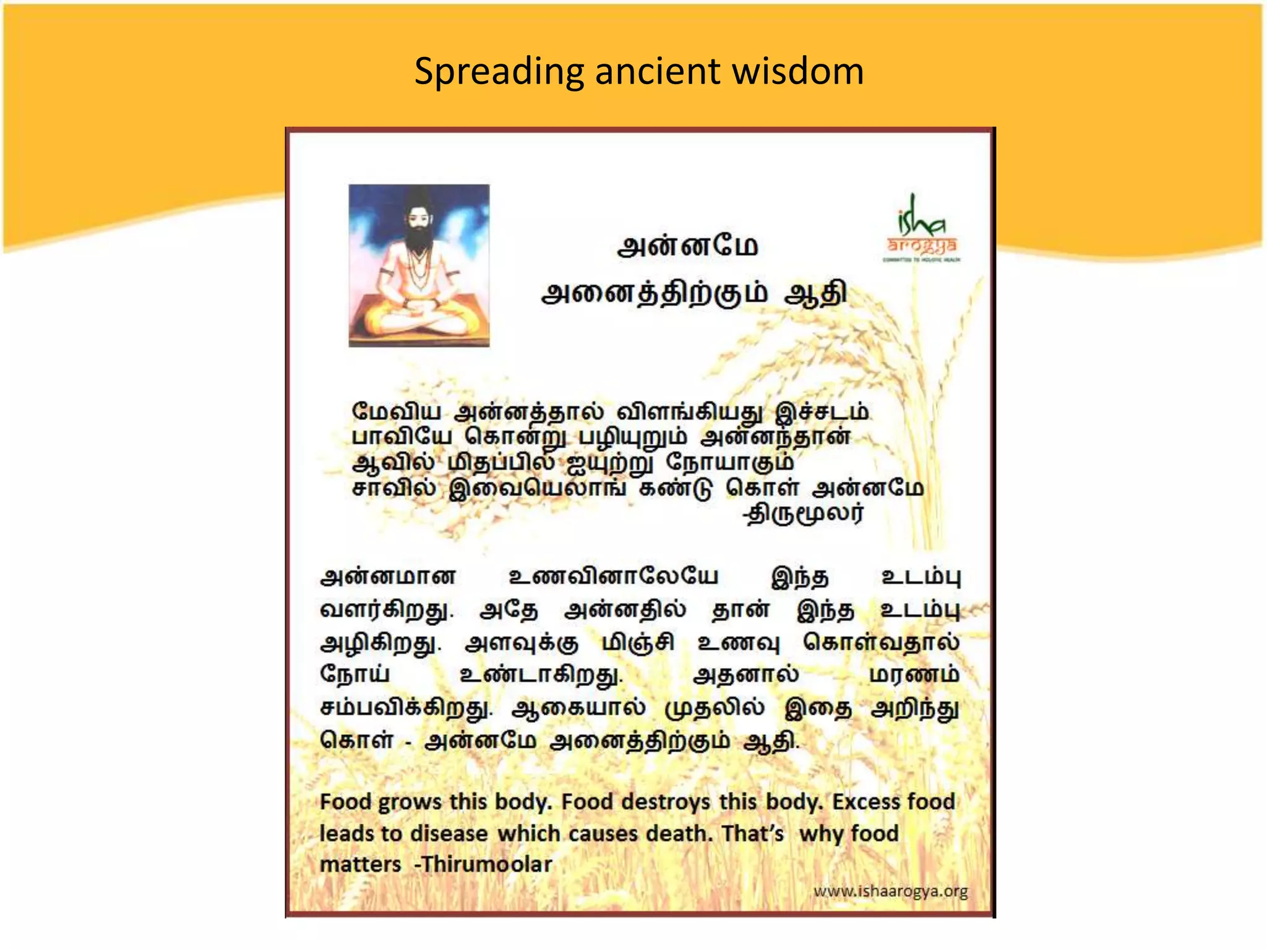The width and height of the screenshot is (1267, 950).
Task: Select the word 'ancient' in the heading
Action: (658, 71)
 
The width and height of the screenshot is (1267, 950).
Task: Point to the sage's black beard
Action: (419, 235)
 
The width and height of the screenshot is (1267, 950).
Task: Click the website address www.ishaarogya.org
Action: (890, 891)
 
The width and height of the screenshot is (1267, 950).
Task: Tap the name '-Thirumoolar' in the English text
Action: (483, 864)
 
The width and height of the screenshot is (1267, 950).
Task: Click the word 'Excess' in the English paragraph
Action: (865, 802)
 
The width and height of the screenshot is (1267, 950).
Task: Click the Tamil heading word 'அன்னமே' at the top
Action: (687, 246)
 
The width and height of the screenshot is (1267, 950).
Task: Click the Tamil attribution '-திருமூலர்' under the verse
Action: (804, 513)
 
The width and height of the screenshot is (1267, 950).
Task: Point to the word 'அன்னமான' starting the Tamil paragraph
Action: (388, 576)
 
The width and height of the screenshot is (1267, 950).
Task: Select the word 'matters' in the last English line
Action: (360, 864)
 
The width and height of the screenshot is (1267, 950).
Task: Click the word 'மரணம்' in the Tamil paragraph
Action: (914, 674)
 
